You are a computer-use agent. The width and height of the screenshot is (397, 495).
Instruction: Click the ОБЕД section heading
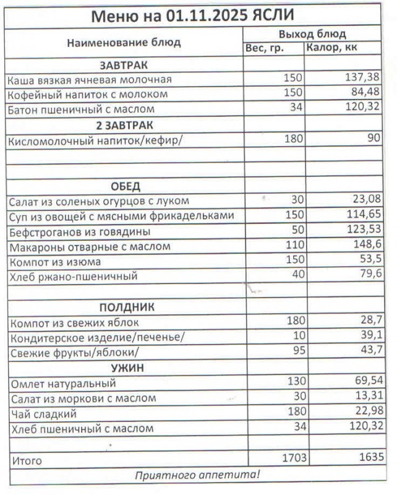coord(125,186)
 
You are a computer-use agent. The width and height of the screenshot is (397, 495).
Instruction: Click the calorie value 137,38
coord(363,79)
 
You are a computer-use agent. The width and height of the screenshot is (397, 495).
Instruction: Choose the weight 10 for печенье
coord(298,337)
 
